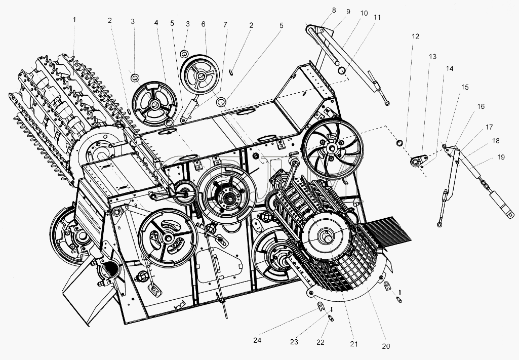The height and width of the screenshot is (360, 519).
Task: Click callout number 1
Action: [x=74, y=20]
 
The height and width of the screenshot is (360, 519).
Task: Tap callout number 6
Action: [x=203, y=24]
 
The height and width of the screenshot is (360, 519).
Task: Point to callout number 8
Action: [x=334, y=10]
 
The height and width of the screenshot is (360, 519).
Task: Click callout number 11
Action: [x=377, y=17]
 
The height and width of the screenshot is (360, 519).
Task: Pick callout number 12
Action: [x=415, y=36]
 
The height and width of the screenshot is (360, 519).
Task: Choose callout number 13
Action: [x=432, y=56]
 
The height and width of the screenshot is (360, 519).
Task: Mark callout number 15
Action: [x=465, y=87]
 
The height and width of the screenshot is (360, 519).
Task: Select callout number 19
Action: [x=501, y=157]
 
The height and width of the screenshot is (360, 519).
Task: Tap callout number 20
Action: [x=386, y=346]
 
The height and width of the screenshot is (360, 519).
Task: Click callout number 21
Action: [x=354, y=344]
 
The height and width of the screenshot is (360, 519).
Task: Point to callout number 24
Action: [x=257, y=340]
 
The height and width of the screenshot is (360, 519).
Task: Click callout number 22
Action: [x=321, y=342]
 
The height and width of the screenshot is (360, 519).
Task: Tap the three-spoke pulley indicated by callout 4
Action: [x=154, y=104]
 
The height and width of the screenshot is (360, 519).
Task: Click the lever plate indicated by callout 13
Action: [x=418, y=161]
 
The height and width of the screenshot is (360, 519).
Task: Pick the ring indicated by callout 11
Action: [x=342, y=70]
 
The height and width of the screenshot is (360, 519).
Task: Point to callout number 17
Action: [x=489, y=127]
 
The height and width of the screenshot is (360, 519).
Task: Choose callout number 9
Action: [x=348, y=12]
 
